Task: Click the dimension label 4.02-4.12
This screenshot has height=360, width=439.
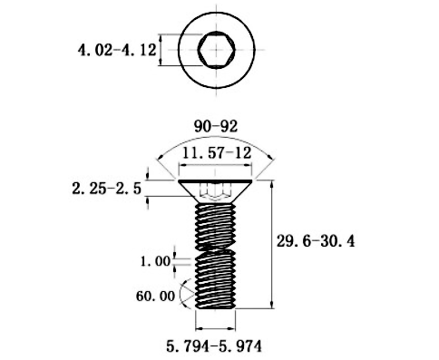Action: coord(117,50)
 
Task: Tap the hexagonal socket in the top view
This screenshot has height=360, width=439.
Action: coord(217,50)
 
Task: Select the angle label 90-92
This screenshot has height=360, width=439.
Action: coord(216,126)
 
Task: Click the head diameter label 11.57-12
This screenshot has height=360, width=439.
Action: coord(217,153)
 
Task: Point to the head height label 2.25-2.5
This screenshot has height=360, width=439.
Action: coord(107,189)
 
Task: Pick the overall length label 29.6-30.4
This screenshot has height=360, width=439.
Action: coord(316,241)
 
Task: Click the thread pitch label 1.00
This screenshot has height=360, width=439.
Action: coord(156,261)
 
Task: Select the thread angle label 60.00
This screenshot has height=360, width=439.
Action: coord(155,296)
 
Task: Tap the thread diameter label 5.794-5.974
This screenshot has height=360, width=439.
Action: coord(214,346)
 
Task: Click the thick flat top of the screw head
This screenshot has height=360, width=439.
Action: coord(215,181)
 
